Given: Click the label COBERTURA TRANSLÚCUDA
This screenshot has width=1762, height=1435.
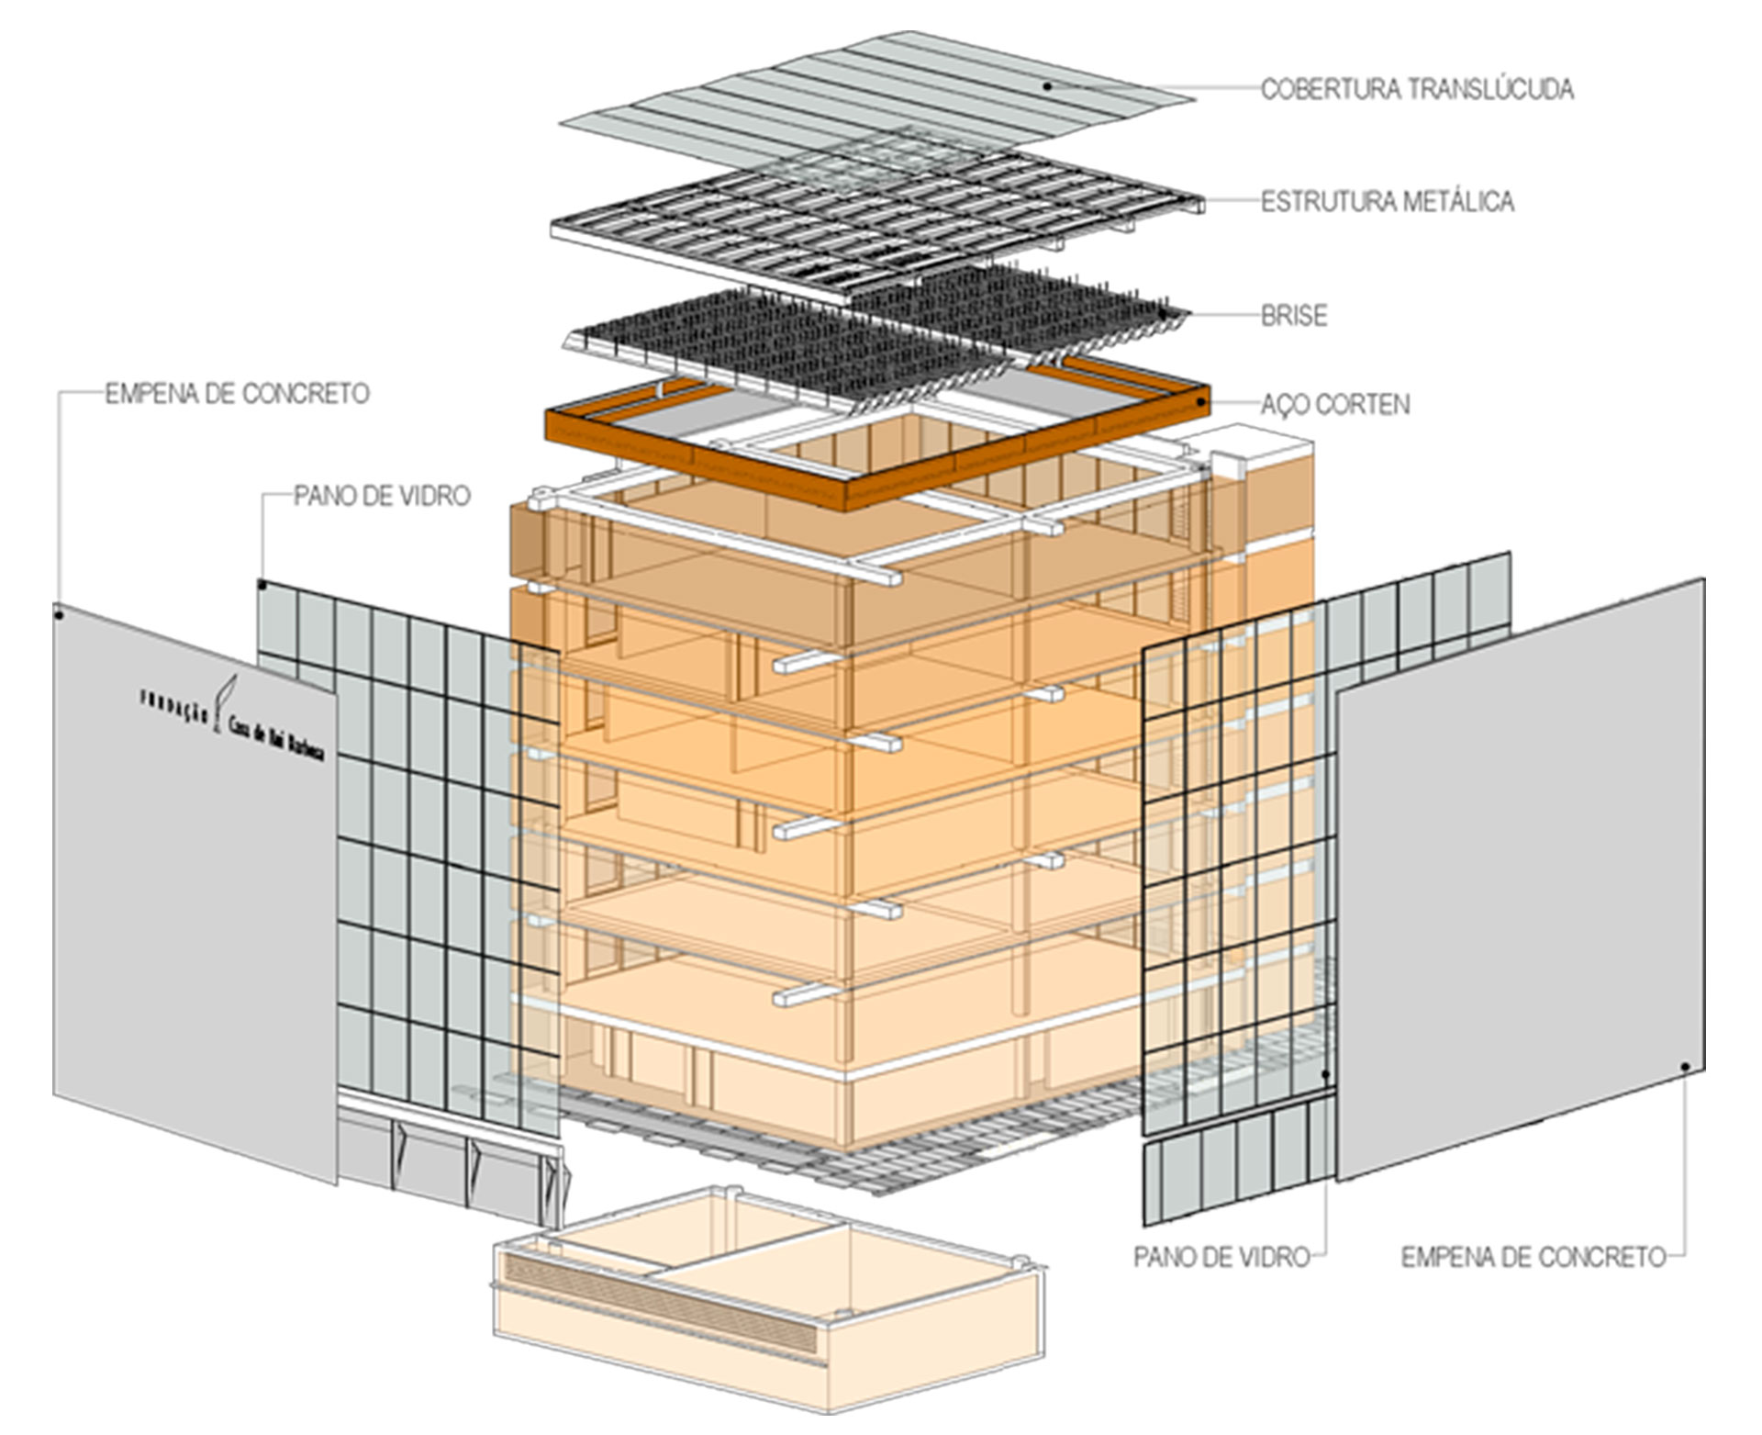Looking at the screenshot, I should (x=1416, y=89).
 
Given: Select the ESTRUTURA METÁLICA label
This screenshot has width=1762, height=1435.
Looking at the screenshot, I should (x=1387, y=201).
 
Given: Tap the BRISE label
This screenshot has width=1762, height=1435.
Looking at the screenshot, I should (x=1293, y=315).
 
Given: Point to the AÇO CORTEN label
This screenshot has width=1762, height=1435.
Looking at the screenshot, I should (x=1334, y=404).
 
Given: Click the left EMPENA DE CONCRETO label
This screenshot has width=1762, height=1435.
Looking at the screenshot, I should (x=237, y=394).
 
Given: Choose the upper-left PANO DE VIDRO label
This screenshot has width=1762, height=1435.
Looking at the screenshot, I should (x=382, y=496).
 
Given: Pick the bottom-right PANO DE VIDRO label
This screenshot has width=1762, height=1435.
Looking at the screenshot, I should (x=1221, y=1256).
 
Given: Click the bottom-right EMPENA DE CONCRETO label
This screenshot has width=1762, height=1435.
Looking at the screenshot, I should (x=1533, y=1256).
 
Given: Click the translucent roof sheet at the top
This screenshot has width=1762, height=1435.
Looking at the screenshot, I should (x=872, y=92).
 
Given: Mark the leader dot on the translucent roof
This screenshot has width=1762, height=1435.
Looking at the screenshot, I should (x=1046, y=86).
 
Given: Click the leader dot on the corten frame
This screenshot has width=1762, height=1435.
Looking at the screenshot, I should (x=1200, y=402).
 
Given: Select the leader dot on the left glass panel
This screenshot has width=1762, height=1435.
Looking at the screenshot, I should (x=262, y=584).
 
